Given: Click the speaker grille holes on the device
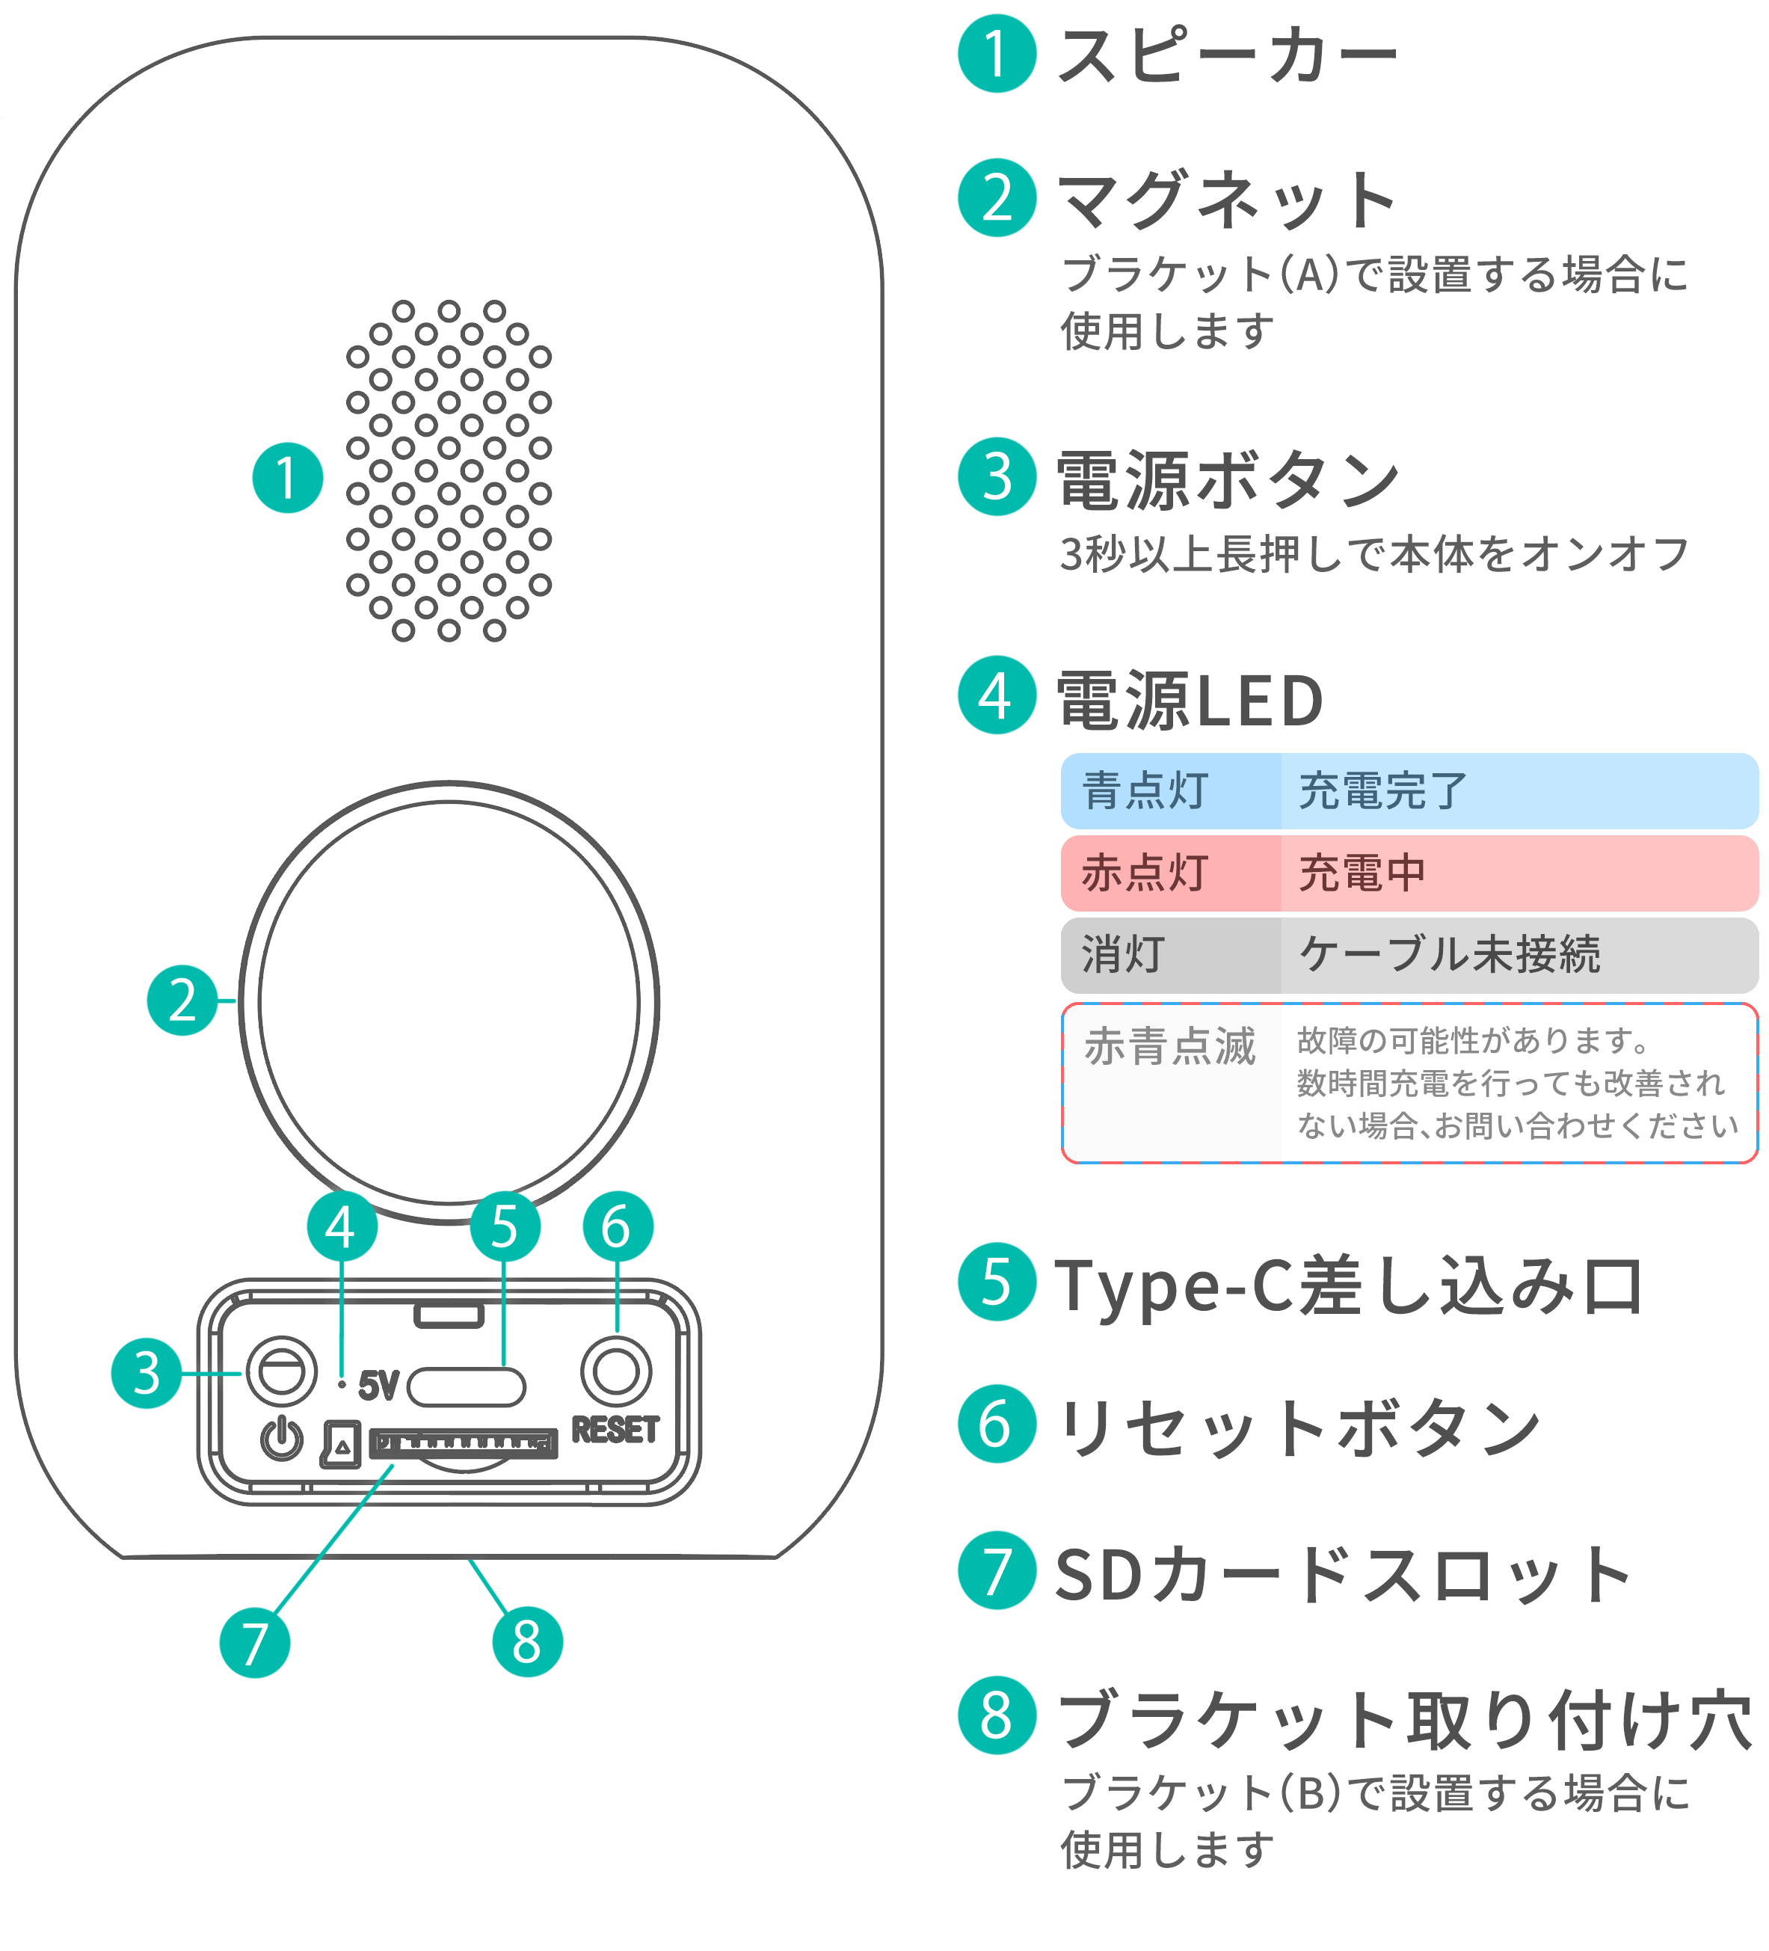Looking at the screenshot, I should pyautogui.click(x=448, y=470).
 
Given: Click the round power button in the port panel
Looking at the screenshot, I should pyautogui.click(x=282, y=1371).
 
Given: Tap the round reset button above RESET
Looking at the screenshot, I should pyautogui.click(x=615, y=1371).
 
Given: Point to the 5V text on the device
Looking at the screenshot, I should pyautogui.click(x=378, y=1386).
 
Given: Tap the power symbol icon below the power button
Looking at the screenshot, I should pyautogui.click(x=282, y=1438).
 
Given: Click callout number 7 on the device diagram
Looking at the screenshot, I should pyautogui.click(x=254, y=1642).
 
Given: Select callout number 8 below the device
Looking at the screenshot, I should pyautogui.click(x=526, y=1641).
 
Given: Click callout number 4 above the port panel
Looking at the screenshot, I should pyautogui.click(x=341, y=1227).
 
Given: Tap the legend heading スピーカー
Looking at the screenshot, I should pyautogui.click(x=1227, y=55).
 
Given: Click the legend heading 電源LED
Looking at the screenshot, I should pyautogui.click(x=1190, y=700).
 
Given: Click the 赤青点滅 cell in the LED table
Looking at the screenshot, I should pyautogui.click(x=1170, y=1047).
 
